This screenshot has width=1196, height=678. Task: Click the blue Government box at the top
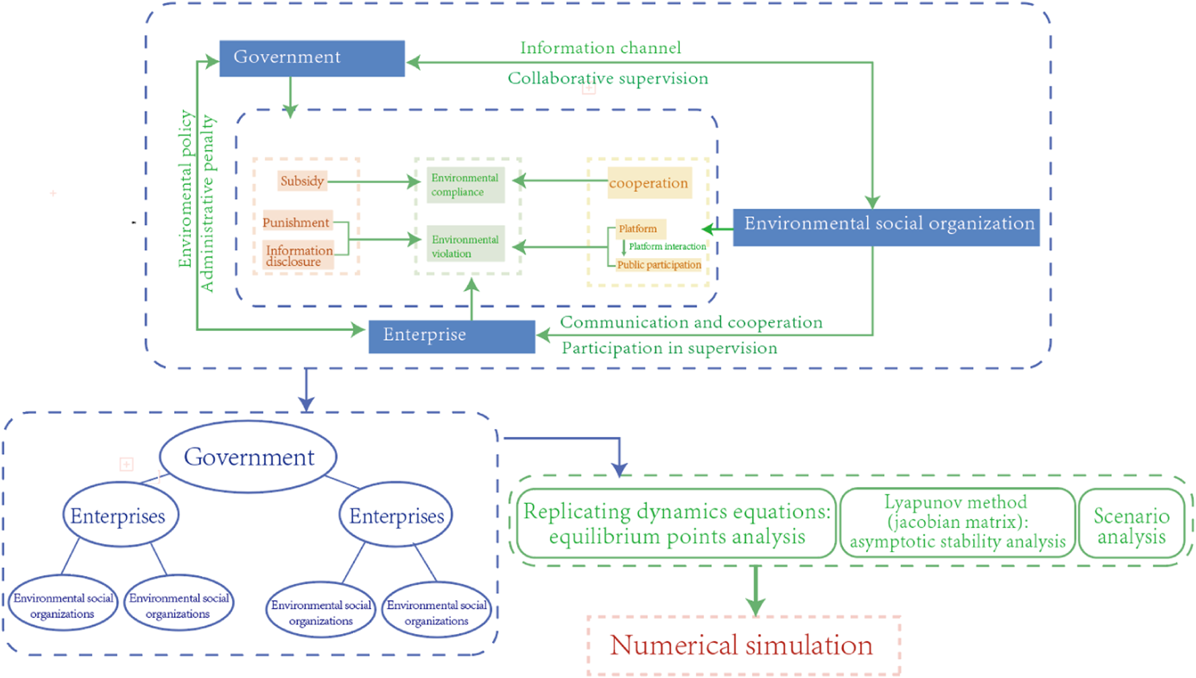tap(312, 58)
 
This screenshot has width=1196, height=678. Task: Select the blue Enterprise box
tap(452, 336)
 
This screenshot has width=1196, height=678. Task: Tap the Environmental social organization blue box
tap(886, 227)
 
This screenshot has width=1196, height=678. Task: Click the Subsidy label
tap(302, 181)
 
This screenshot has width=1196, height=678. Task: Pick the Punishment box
tap(296, 222)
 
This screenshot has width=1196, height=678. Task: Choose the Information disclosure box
tap(298, 256)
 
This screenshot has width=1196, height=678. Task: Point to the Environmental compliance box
tap(465, 185)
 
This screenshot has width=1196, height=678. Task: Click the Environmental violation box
tap(465, 246)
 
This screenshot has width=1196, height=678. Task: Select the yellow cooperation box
tap(649, 183)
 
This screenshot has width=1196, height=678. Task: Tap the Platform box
tap(639, 229)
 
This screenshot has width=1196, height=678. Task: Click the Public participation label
tap(658, 265)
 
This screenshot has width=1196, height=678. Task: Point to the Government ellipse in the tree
tap(248, 457)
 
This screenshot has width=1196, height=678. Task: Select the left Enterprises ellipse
tap(119, 516)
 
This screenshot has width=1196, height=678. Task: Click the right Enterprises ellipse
tap(396, 516)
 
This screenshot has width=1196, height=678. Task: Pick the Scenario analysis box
tap(1131, 525)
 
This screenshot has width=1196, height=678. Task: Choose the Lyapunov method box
tap(956, 522)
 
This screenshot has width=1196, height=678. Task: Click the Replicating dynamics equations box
tap(676, 523)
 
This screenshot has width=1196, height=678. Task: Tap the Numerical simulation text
tap(742, 645)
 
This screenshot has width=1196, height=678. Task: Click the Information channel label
tap(600, 48)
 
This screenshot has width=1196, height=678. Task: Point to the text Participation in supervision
tap(669, 348)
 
